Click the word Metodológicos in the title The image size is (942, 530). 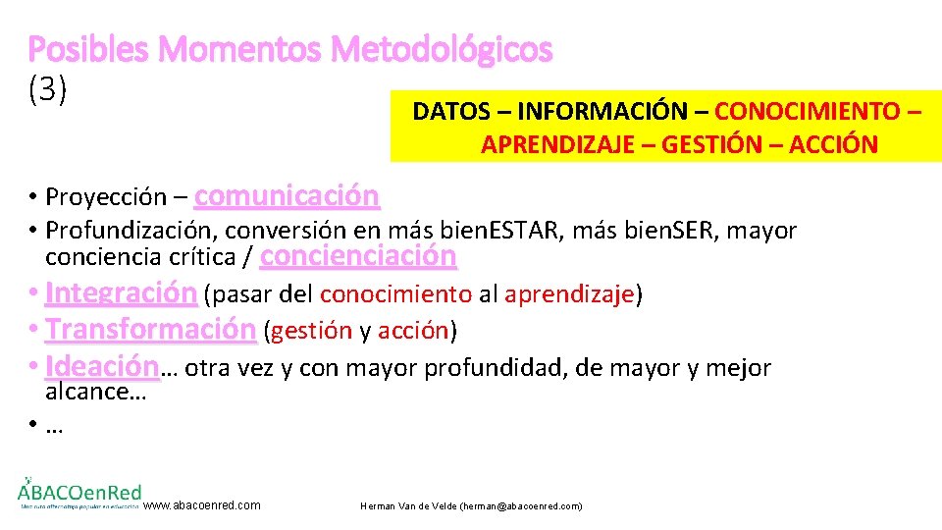tap(442, 49)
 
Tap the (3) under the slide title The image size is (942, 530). tap(48, 89)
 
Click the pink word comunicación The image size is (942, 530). tap(287, 196)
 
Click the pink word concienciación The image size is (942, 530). tap(358, 256)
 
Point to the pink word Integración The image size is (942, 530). tap(121, 292)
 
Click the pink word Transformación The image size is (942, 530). tap(150, 329)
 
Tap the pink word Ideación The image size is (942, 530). tap(101, 367)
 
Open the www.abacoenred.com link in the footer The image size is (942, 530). tap(202, 505)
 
